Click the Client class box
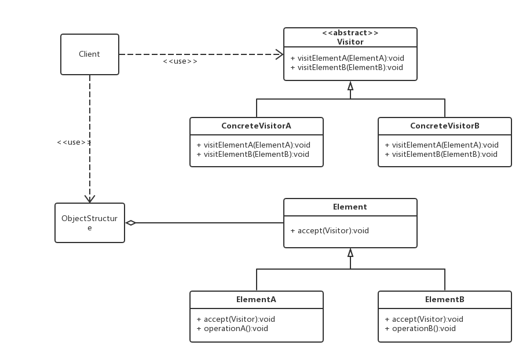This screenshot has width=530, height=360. (90, 54)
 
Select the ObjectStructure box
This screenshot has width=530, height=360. (90, 223)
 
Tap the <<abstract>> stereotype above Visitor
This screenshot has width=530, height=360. (350, 33)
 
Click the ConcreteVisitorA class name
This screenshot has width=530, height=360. (256, 126)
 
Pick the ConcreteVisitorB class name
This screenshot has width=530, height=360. (444, 126)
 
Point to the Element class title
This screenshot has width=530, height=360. (350, 207)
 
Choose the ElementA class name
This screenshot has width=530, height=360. (256, 299)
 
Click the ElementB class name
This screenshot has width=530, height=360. (444, 299)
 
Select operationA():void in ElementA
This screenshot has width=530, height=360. (236, 329)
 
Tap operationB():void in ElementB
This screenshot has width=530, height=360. (424, 329)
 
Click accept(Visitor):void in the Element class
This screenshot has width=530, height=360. (333, 231)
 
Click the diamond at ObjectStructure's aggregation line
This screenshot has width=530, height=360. (131, 223)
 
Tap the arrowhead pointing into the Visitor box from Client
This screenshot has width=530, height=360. (280, 54)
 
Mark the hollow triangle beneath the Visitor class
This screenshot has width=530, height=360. (350, 86)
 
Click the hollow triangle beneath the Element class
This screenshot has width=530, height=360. (350, 252)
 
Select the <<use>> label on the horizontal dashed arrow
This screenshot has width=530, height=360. (180, 61)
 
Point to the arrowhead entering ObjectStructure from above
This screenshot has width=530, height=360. (90, 199)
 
